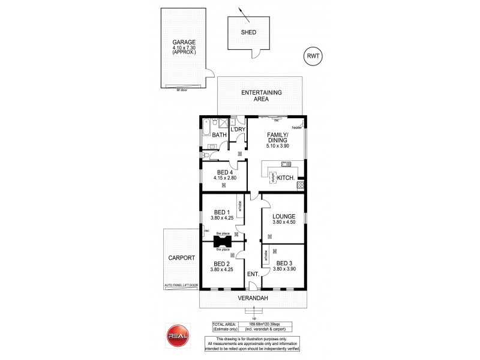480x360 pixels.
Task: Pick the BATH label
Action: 219,136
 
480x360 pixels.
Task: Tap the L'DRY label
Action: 239,129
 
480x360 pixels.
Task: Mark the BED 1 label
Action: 221,212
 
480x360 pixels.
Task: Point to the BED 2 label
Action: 221,263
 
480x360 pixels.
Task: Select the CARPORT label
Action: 181,258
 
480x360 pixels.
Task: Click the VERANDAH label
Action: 252,298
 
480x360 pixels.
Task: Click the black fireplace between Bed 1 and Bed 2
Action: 221,242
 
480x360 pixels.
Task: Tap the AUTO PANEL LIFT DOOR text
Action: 180,287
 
